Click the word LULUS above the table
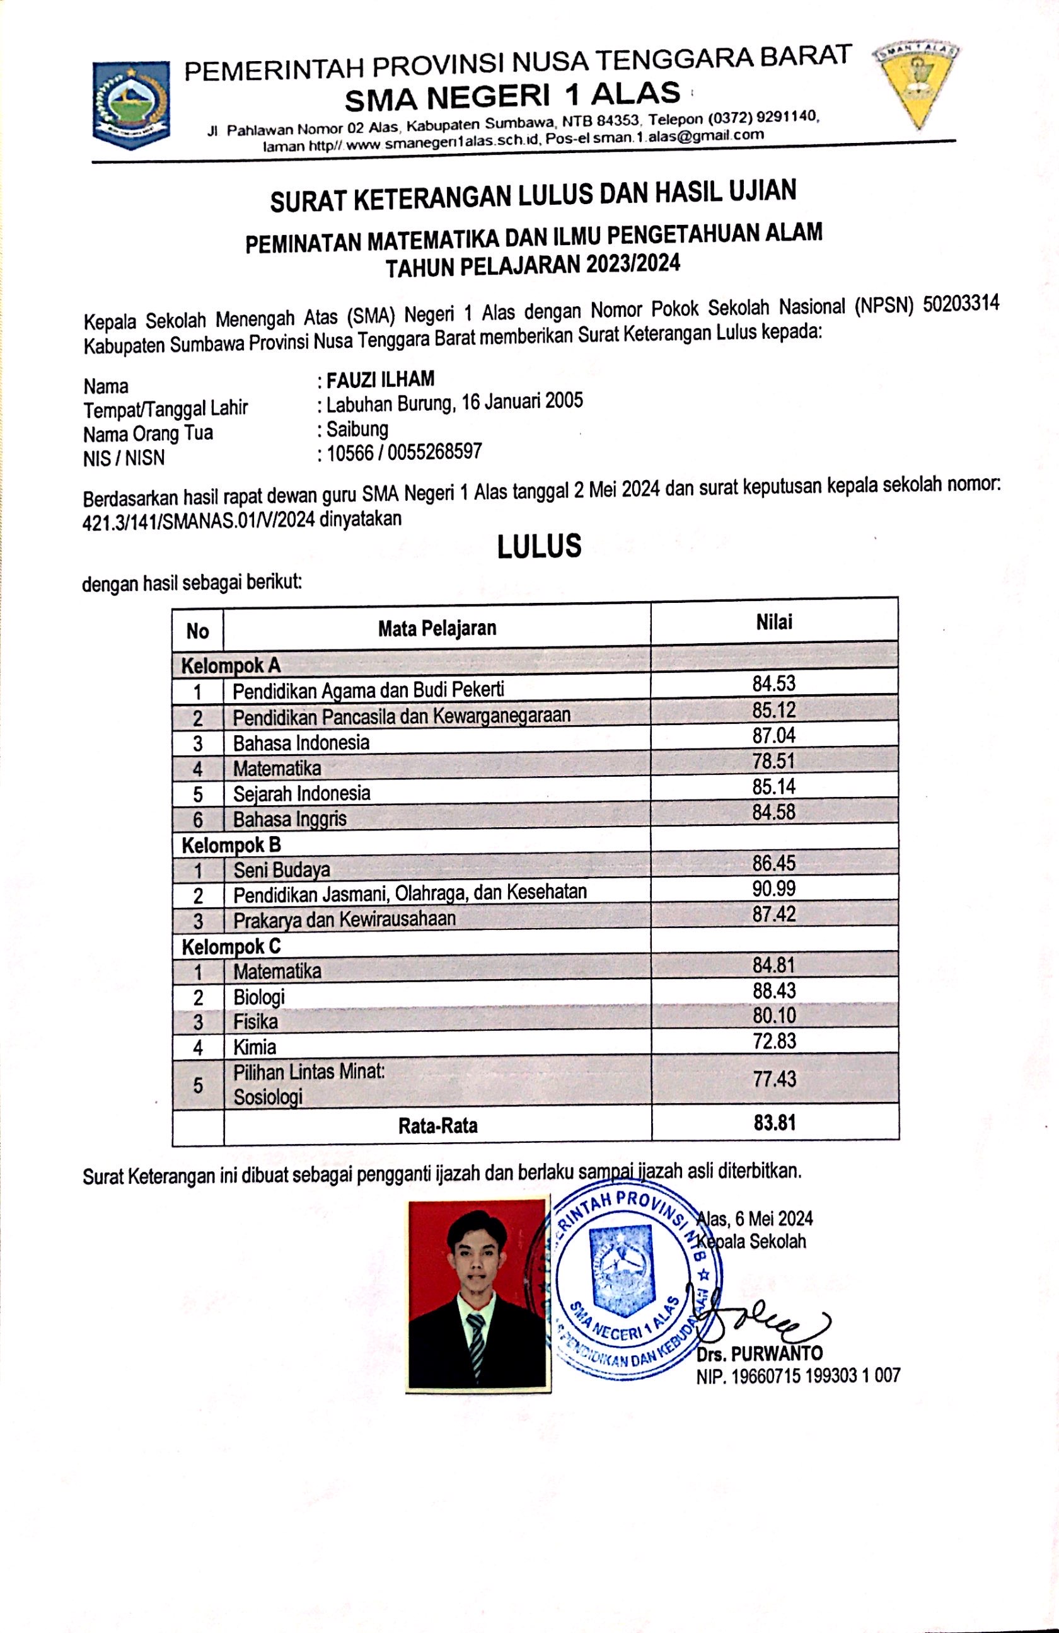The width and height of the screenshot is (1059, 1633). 539,546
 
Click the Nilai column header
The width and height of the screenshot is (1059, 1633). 773,622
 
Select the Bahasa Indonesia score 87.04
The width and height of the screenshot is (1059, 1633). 773,735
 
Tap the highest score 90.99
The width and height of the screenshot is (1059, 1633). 773,888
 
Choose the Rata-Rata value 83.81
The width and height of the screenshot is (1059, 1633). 774,1123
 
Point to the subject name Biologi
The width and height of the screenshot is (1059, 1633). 258,996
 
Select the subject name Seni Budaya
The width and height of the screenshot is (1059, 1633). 281,870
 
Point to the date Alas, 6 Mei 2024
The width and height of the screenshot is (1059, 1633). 755,1218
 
